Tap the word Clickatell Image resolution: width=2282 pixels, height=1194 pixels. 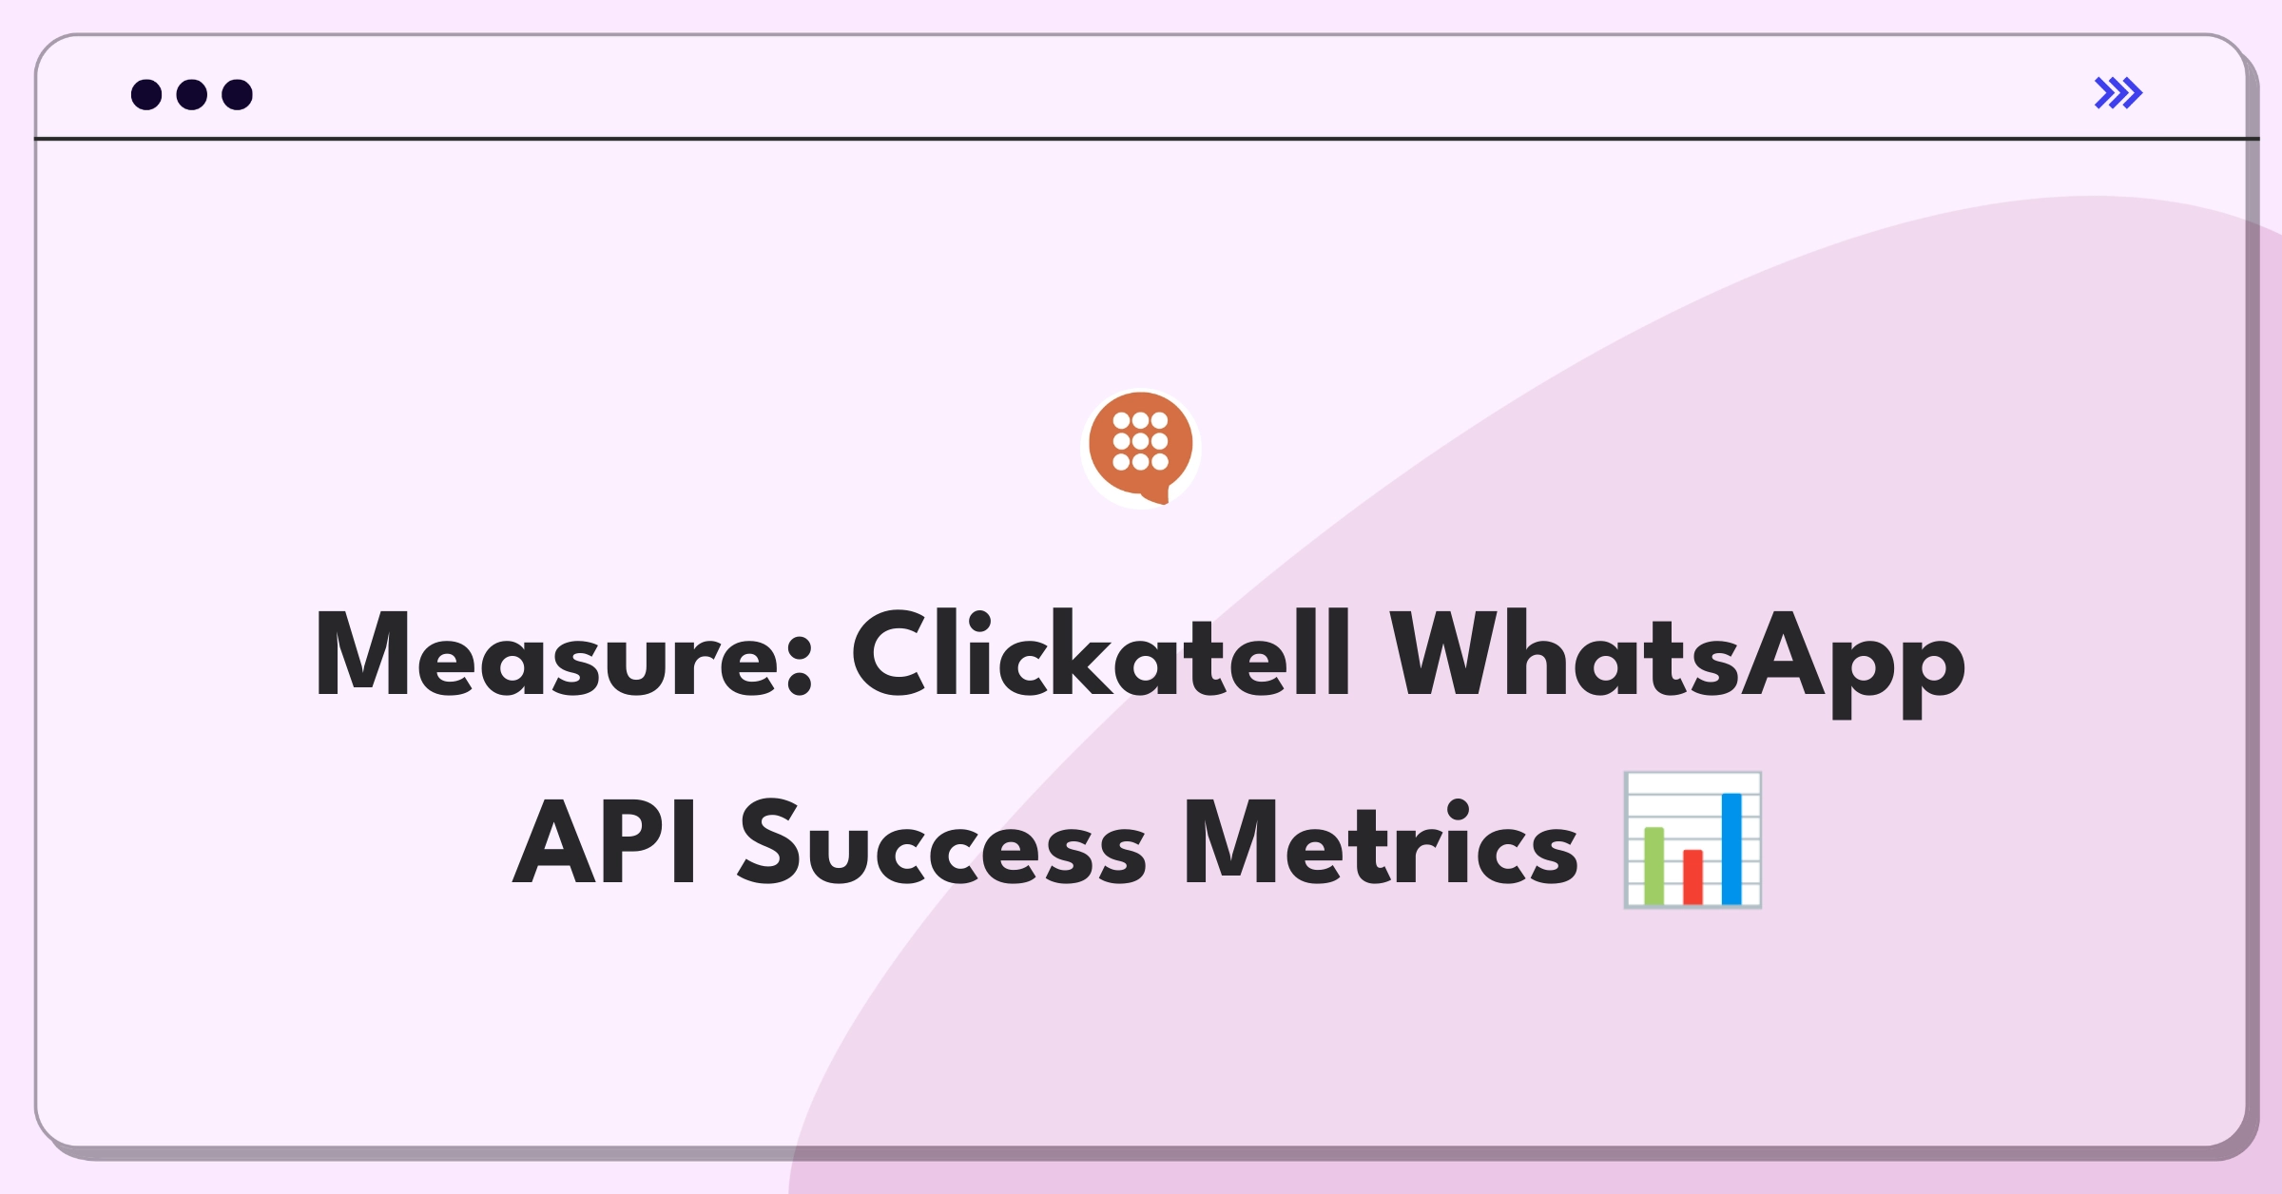pyautogui.click(x=1100, y=654)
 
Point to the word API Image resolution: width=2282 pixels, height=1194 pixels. pyautogui.click(x=605, y=842)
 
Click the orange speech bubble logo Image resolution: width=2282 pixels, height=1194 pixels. pyautogui.click(x=1141, y=446)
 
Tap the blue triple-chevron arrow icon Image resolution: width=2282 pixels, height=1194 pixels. pyautogui.click(x=2118, y=93)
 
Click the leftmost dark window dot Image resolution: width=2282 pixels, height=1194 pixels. pyautogui.click(x=146, y=94)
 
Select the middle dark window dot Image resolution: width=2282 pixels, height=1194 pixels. pyautogui.click(x=192, y=94)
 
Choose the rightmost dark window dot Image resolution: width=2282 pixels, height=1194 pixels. pyautogui.click(x=238, y=94)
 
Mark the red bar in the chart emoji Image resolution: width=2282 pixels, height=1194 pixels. pyautogui.click(x=1692, y=876)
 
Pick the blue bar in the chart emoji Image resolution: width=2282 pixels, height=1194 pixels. pyautogui.click(x=1731, y=848)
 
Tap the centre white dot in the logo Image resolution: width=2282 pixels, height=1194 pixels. pyautogui.click(x=1141, y=441)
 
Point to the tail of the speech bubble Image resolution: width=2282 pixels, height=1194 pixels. pyautogui.click(x=1159, y=496)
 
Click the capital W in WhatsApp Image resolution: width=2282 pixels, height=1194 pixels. pyautogui.click(x=1442, y=654)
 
